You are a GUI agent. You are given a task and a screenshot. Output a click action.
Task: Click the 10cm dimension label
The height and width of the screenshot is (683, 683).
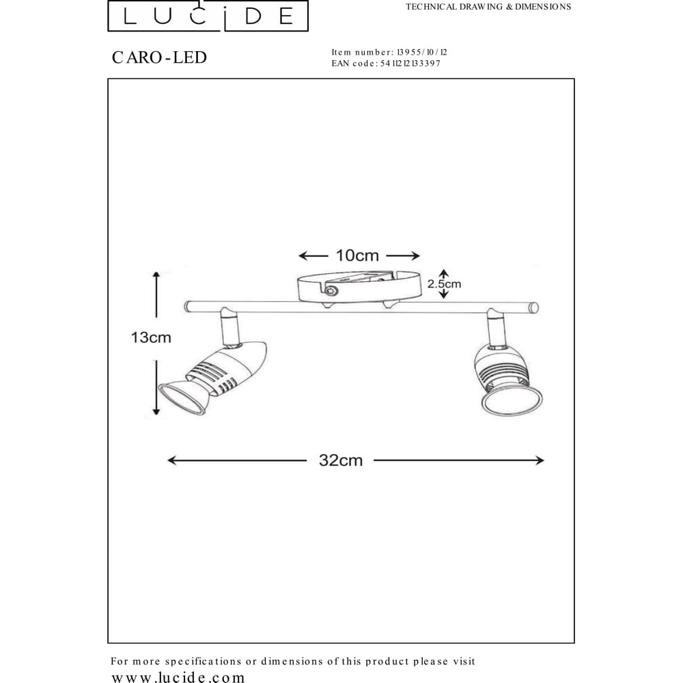(357, 255)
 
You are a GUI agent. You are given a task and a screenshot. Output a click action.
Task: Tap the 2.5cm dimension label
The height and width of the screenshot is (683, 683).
(444, 284)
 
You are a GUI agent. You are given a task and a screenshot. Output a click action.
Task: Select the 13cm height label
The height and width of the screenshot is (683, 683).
(151, 337)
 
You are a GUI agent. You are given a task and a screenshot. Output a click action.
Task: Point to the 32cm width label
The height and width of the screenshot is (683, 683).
(341, 460)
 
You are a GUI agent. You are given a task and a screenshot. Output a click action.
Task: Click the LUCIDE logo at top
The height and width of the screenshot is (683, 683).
(208, 16)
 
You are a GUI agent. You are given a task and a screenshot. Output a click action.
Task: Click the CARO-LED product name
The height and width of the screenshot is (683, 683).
(159, 57)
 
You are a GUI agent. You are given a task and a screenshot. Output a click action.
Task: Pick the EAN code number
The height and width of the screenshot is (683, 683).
(410, 64)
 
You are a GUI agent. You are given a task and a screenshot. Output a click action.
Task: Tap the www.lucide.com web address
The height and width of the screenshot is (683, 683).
(178, 677)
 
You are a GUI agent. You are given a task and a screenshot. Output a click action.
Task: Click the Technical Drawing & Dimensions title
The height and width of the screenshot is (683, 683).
(488, 7)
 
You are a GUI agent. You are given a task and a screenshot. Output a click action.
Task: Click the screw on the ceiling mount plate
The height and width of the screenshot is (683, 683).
(332, 290)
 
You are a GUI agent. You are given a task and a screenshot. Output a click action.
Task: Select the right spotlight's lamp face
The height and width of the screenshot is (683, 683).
(512, 400)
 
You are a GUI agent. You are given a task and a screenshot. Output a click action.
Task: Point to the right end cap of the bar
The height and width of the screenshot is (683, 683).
(533, 308)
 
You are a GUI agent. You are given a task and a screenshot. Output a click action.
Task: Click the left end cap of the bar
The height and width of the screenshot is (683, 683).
(187, 307)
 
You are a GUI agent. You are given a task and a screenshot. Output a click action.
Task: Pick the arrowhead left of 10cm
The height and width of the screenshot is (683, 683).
(304, 255)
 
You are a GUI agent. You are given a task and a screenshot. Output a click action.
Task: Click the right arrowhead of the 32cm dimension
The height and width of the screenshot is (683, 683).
(540, 460)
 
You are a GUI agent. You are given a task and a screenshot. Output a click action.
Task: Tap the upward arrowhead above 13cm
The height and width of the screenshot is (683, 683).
(156, 276)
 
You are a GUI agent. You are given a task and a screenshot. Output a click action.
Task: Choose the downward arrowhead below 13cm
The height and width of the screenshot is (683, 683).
(156, 410)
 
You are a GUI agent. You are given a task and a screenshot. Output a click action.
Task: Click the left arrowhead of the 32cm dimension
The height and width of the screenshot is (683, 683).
(173, 460)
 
